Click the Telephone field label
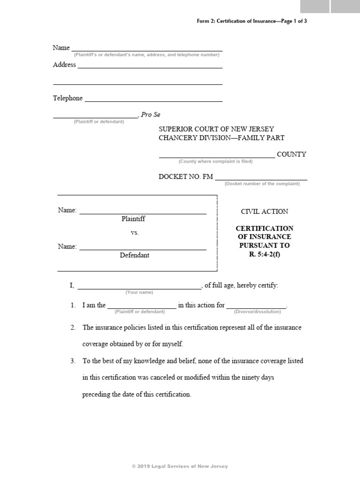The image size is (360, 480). pos(67,98)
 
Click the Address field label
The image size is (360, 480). pos(64,65)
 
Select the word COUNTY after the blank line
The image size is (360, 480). pos(291,154)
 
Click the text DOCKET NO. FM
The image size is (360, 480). pos(186,176)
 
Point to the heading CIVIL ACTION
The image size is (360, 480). pos(264,211)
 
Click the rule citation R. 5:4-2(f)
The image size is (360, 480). pos(264,255)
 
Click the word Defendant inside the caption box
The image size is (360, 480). pos(135,255)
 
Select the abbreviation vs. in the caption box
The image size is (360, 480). pos(135,232)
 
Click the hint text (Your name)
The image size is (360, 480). pos(139,292)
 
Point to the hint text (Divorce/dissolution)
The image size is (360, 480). pos(256,311)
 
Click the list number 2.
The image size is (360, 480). pos(73,328)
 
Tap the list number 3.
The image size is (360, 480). pos(73,361)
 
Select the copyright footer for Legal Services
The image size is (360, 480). pos(180,466)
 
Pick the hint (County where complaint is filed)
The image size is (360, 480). pos(215,161)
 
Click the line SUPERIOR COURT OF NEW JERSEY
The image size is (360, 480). pos(217,129)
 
